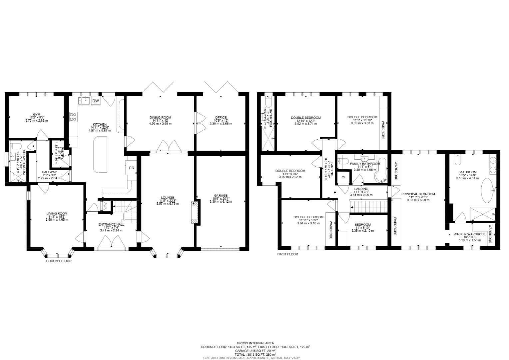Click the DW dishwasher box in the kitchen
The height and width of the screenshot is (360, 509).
[95, 101]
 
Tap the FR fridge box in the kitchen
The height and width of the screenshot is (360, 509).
[132, 168]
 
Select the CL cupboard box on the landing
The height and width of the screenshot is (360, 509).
[343, 177]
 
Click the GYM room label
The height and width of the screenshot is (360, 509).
[37, 114]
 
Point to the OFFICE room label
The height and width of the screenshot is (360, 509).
[221, 118]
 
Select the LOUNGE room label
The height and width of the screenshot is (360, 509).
[168, 198]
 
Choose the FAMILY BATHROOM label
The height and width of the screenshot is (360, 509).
[365, 164]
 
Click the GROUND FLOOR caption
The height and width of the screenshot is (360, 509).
[59, 261]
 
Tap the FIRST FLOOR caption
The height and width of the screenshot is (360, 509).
[287, 254]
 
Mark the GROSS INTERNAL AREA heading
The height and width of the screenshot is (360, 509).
[255, 343]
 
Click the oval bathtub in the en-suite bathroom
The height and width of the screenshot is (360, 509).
[487, 191]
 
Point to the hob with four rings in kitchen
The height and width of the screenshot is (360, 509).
[73, 117]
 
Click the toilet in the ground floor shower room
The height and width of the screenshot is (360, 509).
[15, 146]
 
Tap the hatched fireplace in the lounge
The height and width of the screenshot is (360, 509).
[195, 213]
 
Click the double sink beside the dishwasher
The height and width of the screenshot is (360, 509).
[84, 100]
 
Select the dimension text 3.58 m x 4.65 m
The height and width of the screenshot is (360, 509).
[57, 220]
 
